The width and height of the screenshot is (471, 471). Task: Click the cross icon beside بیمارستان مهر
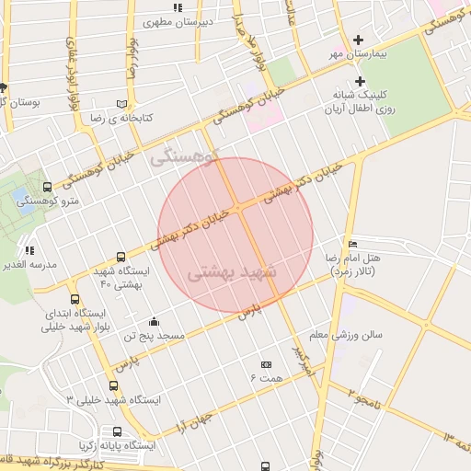[x=359, y=39]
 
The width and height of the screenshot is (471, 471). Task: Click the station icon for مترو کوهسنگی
[x=48, y=187]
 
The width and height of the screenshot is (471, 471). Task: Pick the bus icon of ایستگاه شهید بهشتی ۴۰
[x=121, y=258]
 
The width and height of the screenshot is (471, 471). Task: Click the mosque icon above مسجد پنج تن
[x=154, y=321]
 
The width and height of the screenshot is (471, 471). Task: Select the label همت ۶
[x=266, y=378]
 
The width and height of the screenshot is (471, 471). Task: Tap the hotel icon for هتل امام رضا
[x=353, y=243]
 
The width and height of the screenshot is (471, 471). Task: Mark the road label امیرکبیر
[x=304, y=362]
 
